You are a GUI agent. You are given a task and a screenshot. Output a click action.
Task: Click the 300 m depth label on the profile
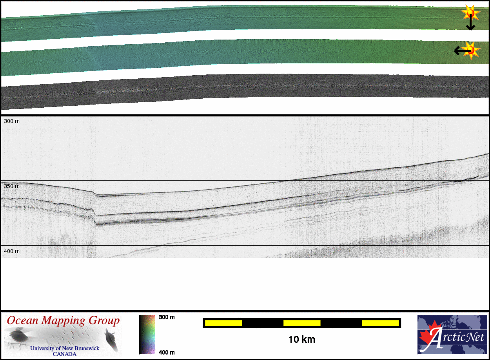12,121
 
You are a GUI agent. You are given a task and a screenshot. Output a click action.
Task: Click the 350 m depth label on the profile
12,186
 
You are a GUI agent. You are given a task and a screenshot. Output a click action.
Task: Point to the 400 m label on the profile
12,251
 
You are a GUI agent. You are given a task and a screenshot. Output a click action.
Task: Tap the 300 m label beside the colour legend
167,317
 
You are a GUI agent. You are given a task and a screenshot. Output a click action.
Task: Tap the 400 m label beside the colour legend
167,353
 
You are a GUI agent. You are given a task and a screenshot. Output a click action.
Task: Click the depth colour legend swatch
147,335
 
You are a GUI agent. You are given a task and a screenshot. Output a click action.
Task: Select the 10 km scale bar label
302,340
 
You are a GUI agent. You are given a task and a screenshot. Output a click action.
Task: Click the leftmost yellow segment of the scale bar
223,323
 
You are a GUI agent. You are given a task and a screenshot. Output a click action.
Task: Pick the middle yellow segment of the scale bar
302,323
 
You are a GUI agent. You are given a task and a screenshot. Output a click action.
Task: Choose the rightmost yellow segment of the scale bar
380,323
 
